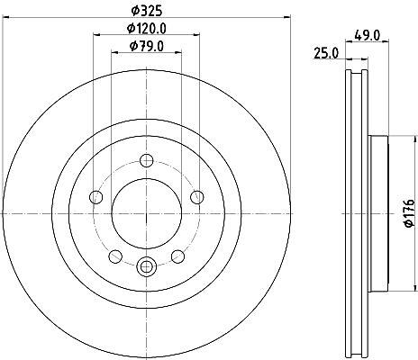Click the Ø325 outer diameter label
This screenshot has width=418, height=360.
pyautogui.click(x=147, y=11)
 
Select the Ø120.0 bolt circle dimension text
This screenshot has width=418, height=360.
pyautogui.click(x=147, y=29)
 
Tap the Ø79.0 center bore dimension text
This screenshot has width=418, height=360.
pyautogui.click(x=147, y=46)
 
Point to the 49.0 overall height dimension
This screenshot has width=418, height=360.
pyautogui.click(x=368, y=36)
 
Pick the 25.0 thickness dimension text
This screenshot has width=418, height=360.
pyautogui.click(x=326, y=54)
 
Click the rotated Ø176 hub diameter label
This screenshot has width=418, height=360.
pyautogui.click(x=410, y=213)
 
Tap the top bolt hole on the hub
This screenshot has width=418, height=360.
pyautogui.click(x=147, y=160)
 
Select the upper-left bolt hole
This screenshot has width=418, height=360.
pyautogui.click(x=96, y=197)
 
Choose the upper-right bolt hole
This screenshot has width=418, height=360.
pyautogui.click(x=197, y=197)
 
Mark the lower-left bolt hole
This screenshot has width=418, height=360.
pyautogui.click(x=115, y=256)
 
